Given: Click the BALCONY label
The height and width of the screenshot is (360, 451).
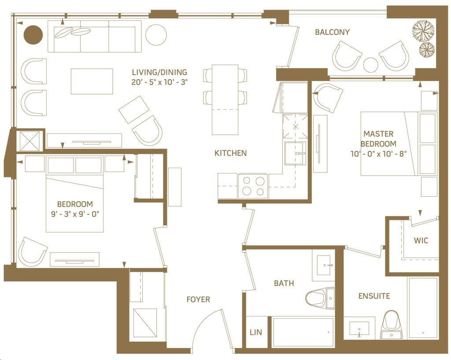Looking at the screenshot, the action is click(332, 32).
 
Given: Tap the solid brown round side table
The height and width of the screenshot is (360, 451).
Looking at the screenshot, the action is click(33, 34).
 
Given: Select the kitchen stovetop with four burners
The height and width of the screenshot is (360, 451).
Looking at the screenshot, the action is click(253, 186).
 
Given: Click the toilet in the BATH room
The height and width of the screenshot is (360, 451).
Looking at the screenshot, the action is click(320, 298).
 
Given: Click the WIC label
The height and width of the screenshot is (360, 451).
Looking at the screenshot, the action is click(421, 240).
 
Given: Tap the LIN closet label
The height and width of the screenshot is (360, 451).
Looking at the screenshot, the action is click(256, 332).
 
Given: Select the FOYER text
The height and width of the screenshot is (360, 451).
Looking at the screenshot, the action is click(198, 299).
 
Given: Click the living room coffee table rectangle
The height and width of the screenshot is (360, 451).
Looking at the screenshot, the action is click(92, 81).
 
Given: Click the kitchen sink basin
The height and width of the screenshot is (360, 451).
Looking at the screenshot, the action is click(296, 153).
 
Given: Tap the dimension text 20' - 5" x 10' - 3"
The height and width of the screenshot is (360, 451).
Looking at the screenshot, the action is click(159, 82).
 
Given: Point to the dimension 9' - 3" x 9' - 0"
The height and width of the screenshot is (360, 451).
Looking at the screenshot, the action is click(75, 214).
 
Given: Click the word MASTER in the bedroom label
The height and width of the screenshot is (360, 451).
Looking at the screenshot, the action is click(378, 134).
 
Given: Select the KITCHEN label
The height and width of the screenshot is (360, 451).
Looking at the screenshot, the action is click(231, 153).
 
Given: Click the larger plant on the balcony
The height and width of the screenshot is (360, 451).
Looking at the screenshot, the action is click(423, 29).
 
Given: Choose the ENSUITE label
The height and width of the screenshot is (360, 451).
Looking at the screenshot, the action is click(374, 296).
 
